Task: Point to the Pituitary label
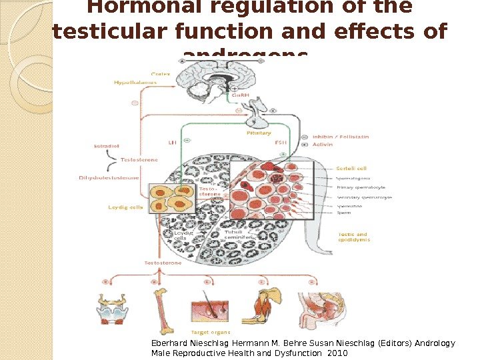259,133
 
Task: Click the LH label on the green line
172,141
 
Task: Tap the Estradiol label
103,145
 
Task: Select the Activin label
323,144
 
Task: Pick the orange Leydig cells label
126,207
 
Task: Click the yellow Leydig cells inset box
172,199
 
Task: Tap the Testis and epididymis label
353,237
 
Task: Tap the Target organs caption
211,331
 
